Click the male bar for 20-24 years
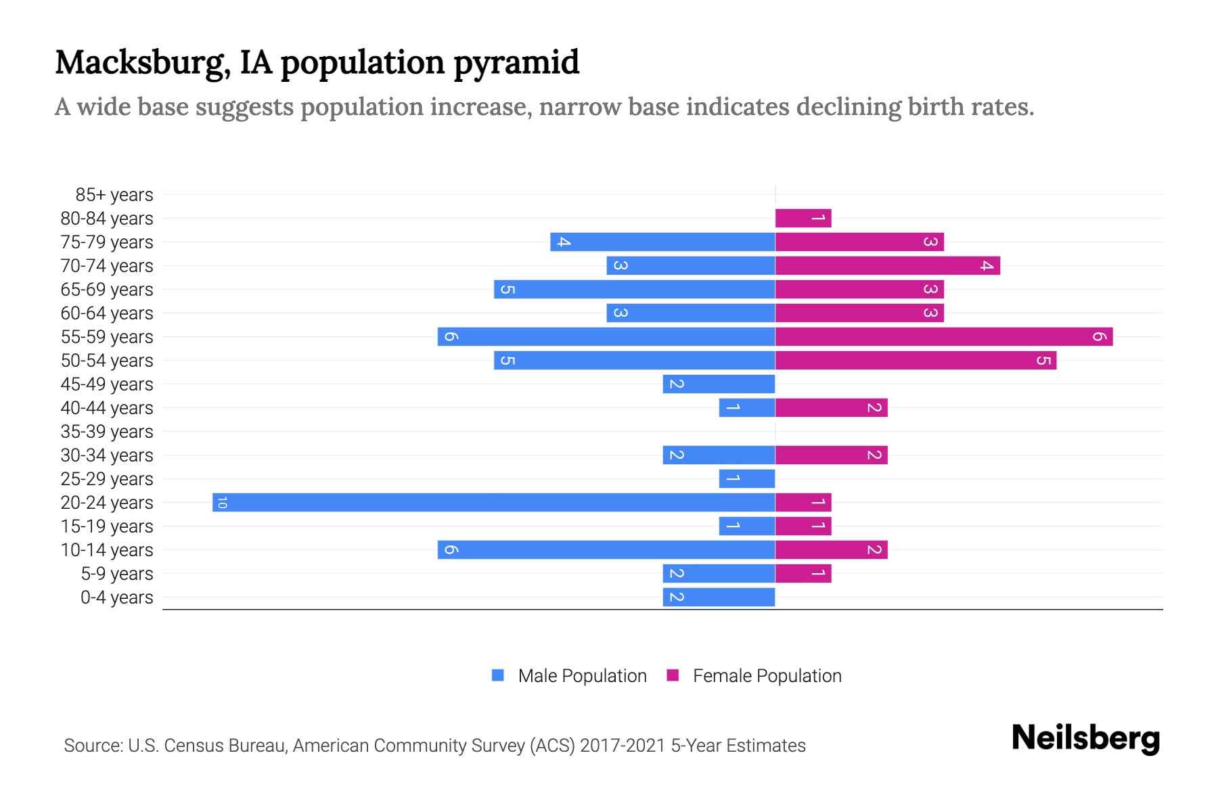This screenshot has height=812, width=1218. click(493, 502)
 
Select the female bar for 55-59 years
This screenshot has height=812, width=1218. click(944, 336)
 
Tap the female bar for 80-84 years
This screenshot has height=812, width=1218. click(803, 218)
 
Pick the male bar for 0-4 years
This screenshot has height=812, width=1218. click(719, 597)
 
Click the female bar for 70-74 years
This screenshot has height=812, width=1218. click(887, 265)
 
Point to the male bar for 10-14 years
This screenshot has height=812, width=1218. click(606, 549)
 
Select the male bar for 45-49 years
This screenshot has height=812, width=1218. click(719, 384)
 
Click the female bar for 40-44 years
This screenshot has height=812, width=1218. click(831, 407)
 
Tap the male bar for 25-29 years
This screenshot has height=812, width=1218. click(747, 478)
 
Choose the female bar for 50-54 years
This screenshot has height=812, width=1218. click(916, 360)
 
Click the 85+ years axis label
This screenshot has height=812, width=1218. click(114, 195)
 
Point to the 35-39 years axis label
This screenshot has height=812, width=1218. click(107, 432)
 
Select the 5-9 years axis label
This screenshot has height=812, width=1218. click(117, 574)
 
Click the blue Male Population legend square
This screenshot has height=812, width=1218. click(498, 675)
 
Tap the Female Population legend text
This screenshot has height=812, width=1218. click(767, 676)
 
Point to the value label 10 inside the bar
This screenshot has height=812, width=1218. click(222, 502)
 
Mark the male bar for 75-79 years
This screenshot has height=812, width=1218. click(662, 242)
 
